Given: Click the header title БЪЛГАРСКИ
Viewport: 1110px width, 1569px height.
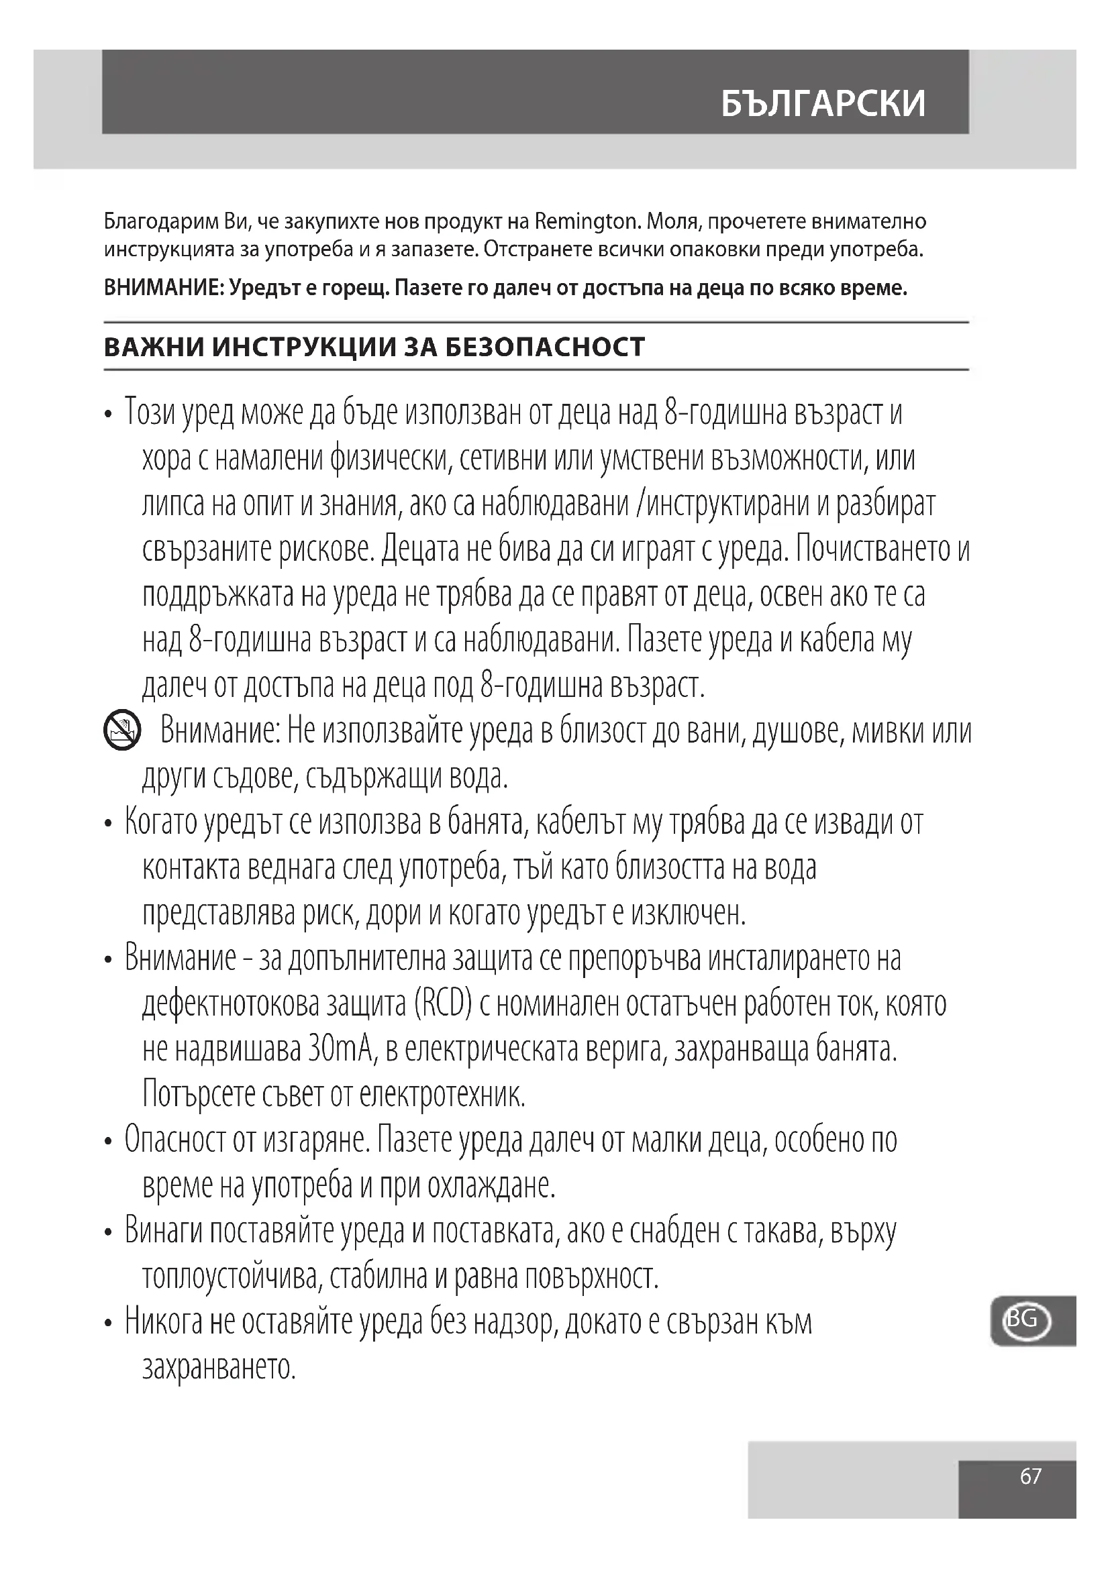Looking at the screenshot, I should [823, 103].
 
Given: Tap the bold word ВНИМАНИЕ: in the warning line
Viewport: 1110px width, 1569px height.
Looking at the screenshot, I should [164, 288].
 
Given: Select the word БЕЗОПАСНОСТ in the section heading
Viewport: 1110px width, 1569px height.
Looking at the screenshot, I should [545, 347].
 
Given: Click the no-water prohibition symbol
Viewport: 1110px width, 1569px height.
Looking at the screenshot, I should [122, 731].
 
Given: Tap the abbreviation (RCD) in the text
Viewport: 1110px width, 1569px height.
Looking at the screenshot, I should [444, 1004].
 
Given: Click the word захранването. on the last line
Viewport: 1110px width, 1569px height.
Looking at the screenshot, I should [219, 1367].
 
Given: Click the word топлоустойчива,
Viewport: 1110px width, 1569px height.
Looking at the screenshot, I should [232, 1276].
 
